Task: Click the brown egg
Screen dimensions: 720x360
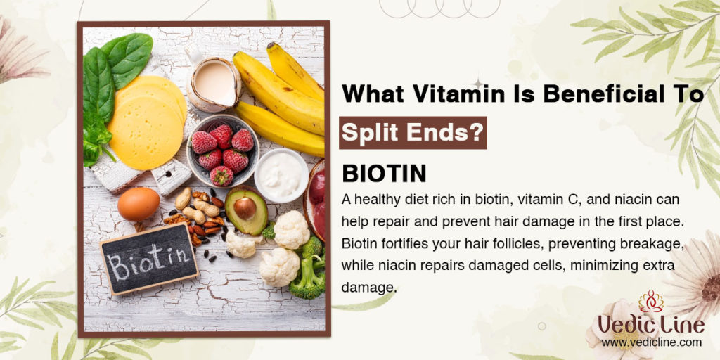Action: tap(139, 204)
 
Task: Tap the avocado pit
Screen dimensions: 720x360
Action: tap(245, 208)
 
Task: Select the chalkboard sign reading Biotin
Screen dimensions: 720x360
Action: tap(149, 258)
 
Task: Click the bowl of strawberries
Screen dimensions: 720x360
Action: tap(223, 150)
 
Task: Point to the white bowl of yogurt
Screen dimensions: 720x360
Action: tap(281, 175)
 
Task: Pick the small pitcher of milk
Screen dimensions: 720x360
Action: tap(213, 81)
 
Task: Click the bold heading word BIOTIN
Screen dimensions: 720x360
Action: tap(384, 174)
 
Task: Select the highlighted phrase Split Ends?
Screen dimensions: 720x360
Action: tap(412, 133)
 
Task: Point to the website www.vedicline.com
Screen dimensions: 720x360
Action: tap(651, 342)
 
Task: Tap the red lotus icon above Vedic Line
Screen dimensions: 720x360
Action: tap(651, 301)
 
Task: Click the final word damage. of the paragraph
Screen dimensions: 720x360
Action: tap(368, 288)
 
